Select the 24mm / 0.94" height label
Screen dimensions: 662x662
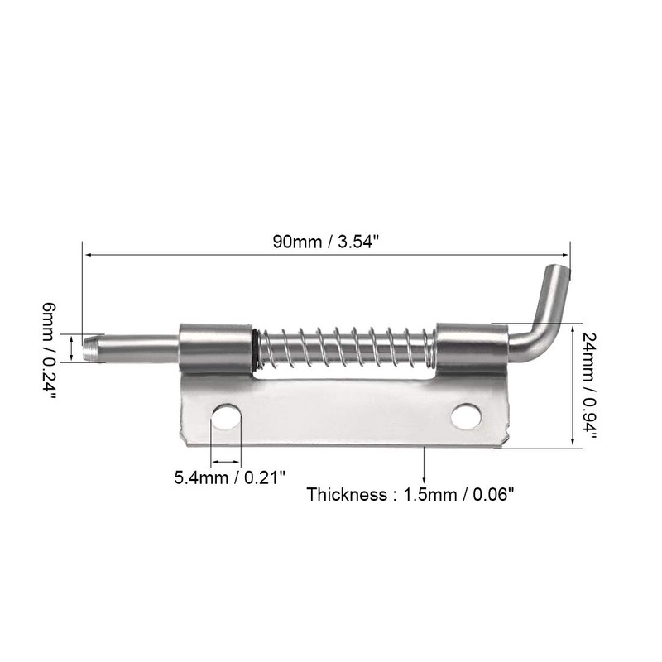pos(589,385)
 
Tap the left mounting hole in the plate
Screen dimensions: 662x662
pos(226,417)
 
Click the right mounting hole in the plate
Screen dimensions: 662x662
pos(466,416)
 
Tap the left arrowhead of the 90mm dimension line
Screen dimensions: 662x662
pos(87,256)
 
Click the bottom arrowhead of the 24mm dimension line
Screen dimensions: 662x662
pos(573,444)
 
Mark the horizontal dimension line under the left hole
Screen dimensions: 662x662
pos(226,460)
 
